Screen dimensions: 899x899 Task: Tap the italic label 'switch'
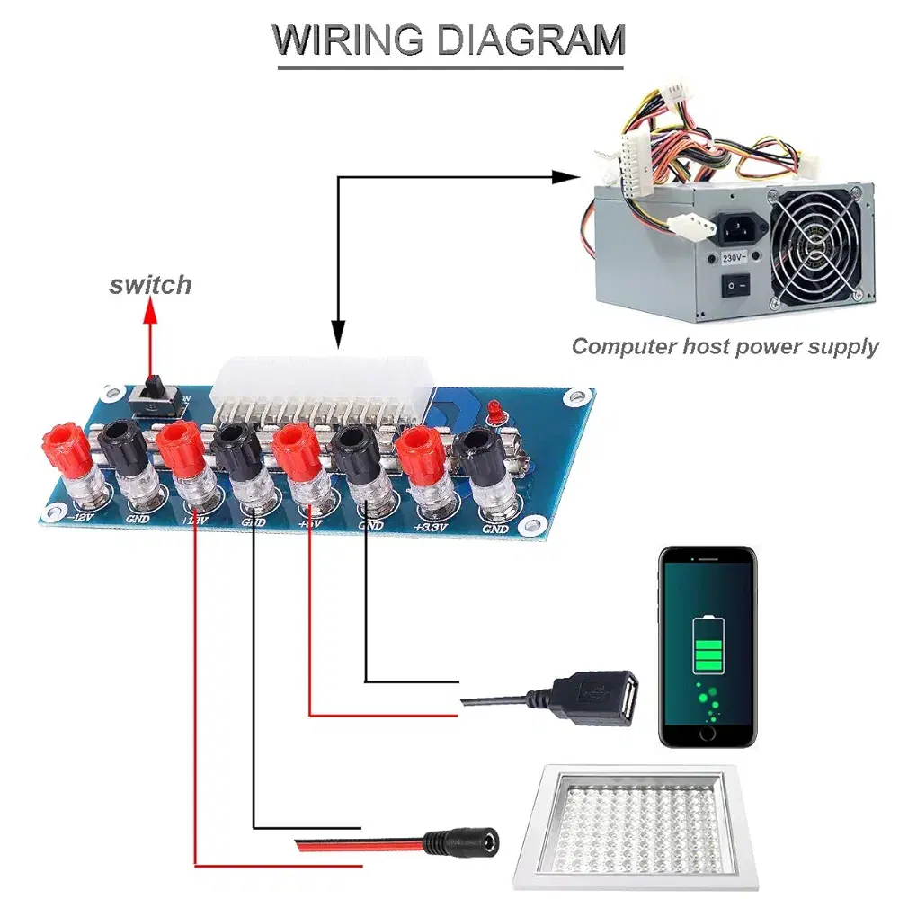tap(150, 285)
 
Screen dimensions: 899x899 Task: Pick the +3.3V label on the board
tap(432, 527)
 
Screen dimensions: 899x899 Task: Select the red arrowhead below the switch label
tap(151, 312)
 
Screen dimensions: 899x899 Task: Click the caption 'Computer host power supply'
tap(725, 346)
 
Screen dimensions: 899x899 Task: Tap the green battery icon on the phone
tap(708, 644)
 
